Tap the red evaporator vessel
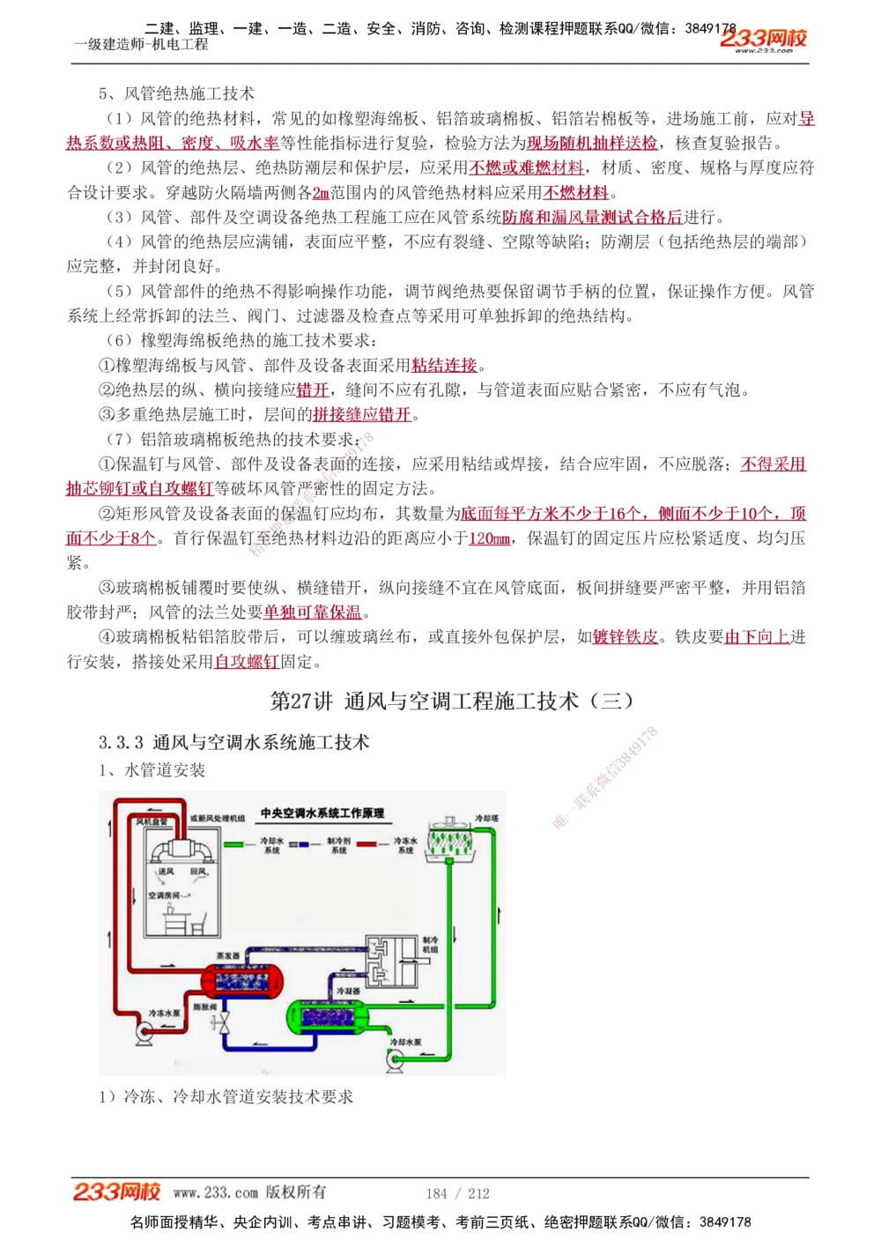(243, 979)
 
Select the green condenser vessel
(338, 1017)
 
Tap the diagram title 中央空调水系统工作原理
(322, 813)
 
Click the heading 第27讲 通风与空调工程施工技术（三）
(452, 701)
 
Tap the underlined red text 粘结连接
(444, 366)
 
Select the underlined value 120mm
(489, 538)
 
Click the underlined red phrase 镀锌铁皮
(626, 637)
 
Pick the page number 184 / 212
(457, 1193)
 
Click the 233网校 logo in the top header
(763, 38)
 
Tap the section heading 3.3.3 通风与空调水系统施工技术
(233, 743)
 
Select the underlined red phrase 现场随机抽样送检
(592, 144)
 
